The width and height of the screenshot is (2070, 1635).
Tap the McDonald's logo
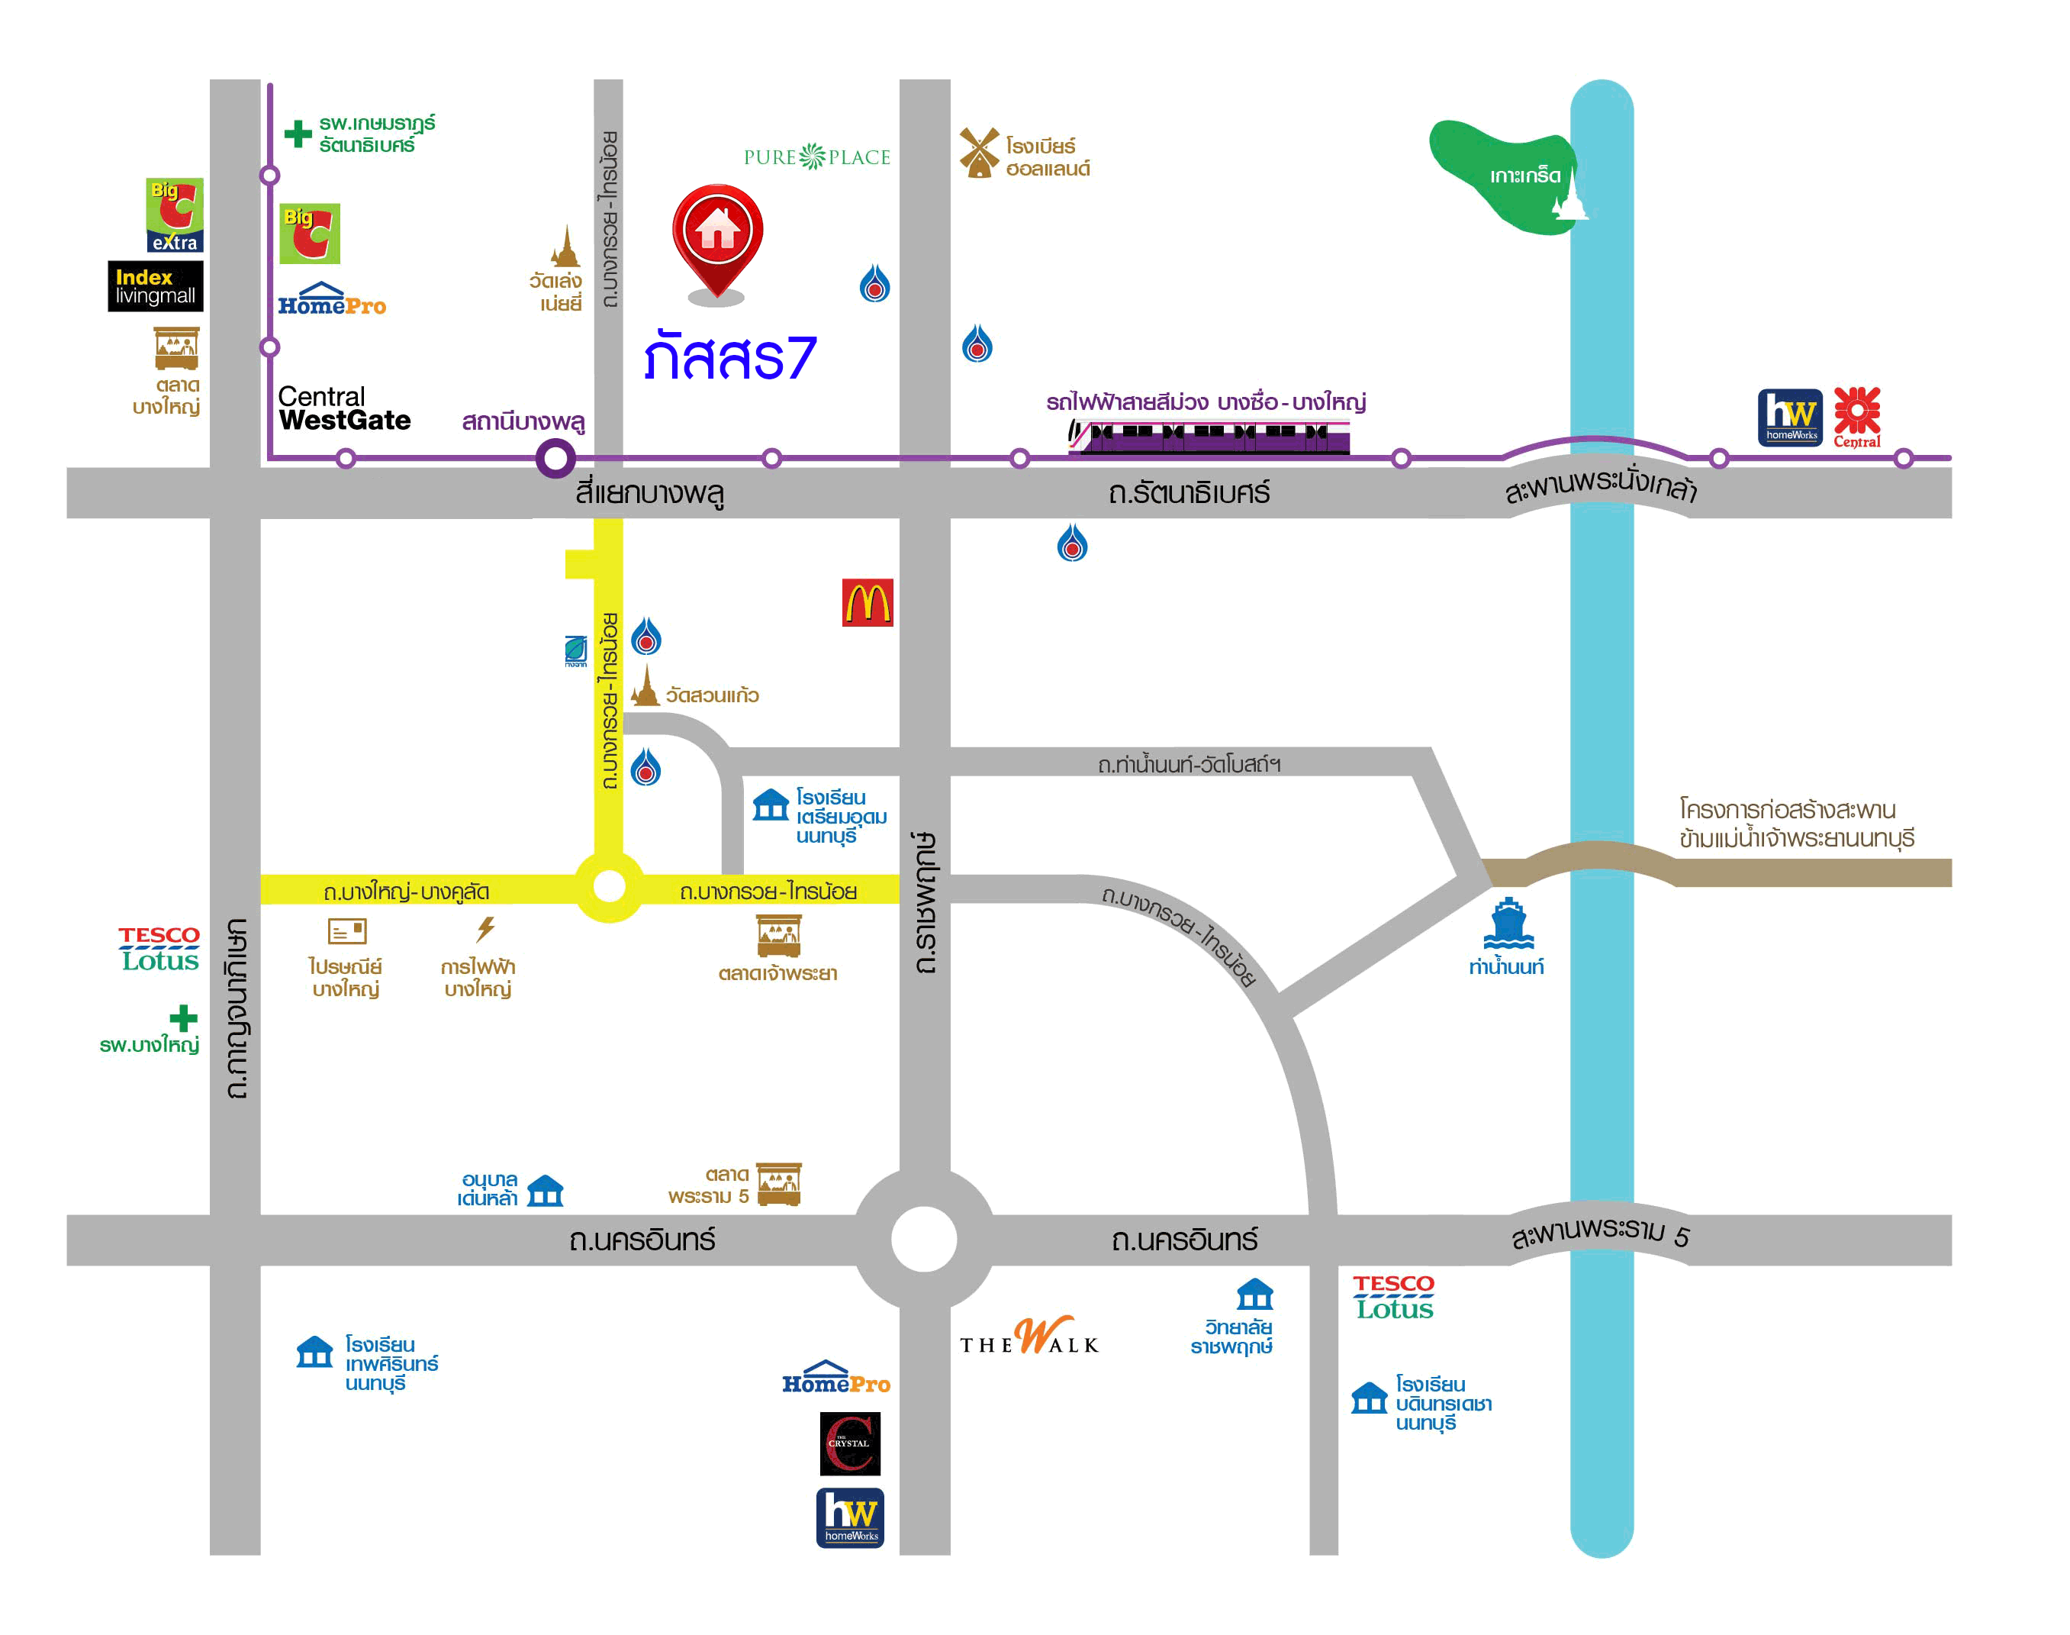867,603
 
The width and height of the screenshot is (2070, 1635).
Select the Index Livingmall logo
155,286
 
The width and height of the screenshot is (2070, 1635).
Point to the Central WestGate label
343,409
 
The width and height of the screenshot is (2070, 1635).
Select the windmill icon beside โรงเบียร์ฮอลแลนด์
978,152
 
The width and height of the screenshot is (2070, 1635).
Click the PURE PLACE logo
816,157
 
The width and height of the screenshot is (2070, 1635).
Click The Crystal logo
850,1443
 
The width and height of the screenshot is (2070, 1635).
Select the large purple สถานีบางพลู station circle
555,459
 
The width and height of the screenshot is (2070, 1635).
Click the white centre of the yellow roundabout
610,886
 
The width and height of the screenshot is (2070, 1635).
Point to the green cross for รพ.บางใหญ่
183,1017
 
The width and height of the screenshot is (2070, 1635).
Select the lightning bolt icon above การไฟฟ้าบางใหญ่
486,928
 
